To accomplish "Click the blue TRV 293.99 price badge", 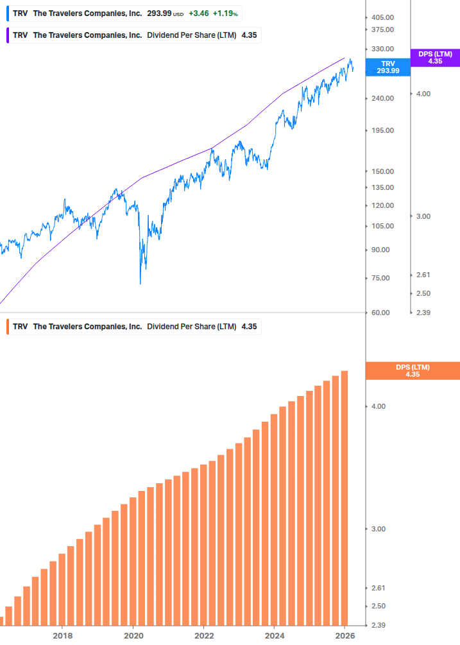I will [x=388, y=67].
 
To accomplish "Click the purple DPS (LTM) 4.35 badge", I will [x=435, y=58].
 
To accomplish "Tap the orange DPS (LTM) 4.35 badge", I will [x=413, y=370].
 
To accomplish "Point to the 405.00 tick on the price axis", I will [x=382, y=17].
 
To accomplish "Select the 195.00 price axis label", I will [x=382, y=130].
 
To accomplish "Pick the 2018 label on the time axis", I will [x=62, y=635].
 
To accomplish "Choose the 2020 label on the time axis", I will [x=133, y=635].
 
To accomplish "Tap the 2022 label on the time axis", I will [x=203, y=635].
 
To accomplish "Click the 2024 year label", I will [x=274, y=635].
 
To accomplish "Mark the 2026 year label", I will [x=345, y=635].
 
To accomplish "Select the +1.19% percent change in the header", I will [x=225, y=13].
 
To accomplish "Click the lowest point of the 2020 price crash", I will [x=141, y=283].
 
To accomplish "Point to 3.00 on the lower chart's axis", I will [x=380, y=529].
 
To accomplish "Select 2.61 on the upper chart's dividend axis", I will [x=424, y=275].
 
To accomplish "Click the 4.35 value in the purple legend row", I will [x=249, y=35].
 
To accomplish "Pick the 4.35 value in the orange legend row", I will [x=249, y=327].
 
